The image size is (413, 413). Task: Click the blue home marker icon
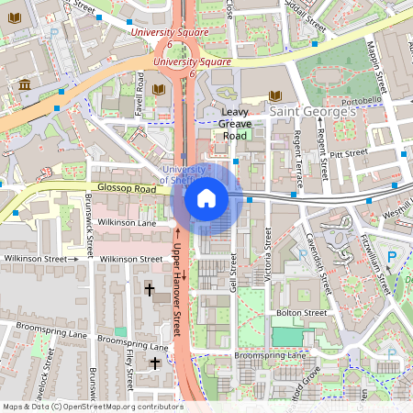pyautogui.click(x=206, y=197)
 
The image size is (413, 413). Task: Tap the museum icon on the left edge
pyautogui.click(x=24, y=86)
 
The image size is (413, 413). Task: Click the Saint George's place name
pyautogui.click(x=313, y=111)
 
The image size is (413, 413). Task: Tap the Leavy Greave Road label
pyautogui.click(x=235, y=124)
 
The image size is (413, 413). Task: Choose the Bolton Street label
pyautogui.click(x=300, y=313)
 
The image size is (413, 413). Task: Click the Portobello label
pyautogui.click(x=361, y=100)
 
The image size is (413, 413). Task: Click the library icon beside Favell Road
pyautogui.click(x=159, y=90)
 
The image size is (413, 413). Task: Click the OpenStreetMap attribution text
pyautogui.click(x=92, y=406)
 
